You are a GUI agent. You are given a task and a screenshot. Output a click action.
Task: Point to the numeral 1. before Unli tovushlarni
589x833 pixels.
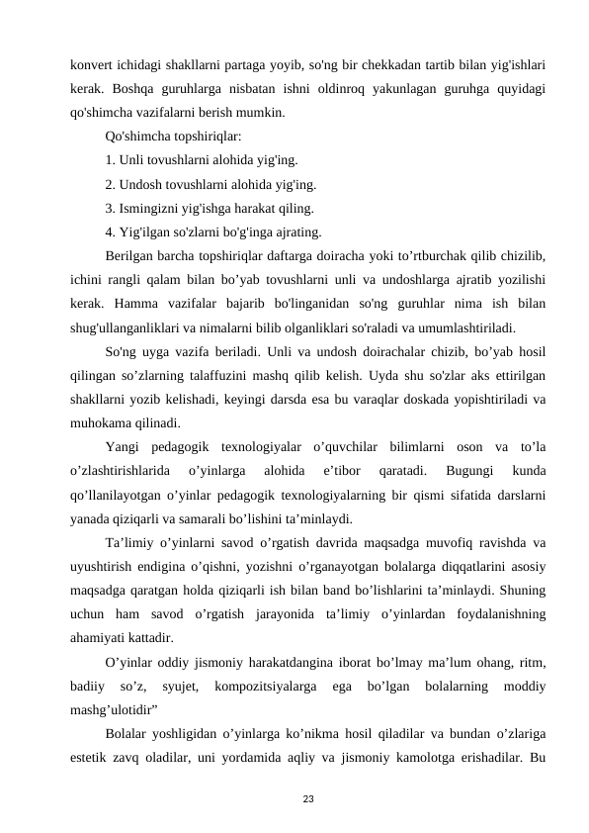[111, 158]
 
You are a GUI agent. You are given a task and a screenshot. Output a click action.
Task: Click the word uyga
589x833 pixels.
[157, 351]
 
